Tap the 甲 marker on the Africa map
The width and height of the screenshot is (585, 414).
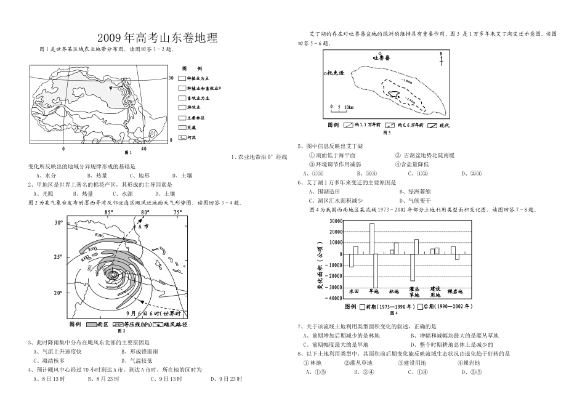point(110,88)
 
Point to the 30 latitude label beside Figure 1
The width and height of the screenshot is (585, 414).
point(171,78)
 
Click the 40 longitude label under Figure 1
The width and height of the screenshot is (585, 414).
point(143,149)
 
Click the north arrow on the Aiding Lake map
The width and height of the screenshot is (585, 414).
point(441,59)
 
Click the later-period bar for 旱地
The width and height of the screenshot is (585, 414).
point(376,270)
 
